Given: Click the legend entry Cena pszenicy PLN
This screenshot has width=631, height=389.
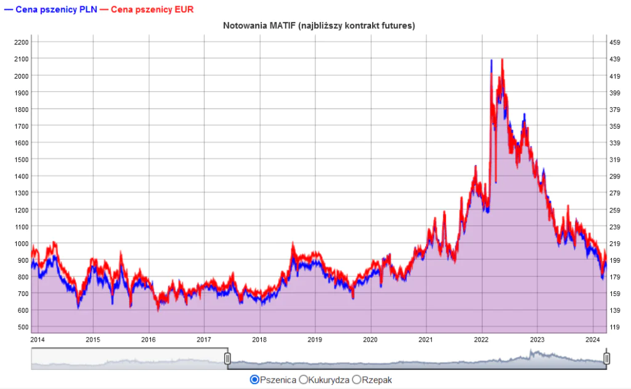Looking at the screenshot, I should [x=49, y=10].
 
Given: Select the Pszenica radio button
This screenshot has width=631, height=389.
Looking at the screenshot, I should [x=254, y=380].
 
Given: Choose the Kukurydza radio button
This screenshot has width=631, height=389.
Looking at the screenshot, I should [x=303, y=380].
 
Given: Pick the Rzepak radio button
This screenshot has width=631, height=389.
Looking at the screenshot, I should [x=356, y=380].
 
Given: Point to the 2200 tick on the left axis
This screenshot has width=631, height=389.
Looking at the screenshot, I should [x=22, y=42].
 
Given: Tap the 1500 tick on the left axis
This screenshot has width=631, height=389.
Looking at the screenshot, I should [x=22, y=159].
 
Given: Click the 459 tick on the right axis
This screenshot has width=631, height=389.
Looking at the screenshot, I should [x=614, y=42].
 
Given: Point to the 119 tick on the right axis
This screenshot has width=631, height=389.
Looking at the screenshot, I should [x=614, y=327].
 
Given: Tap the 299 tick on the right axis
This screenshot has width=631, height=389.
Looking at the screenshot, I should [x=614, y=176].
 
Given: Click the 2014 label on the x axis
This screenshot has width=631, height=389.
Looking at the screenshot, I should [x=38, y=339].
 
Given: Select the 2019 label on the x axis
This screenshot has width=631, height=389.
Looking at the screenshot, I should [x=315, y=339].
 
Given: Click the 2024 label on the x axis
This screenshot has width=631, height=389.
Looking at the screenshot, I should [x=593, y=339].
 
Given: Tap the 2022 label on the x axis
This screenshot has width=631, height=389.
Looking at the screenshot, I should [x=481, y=339].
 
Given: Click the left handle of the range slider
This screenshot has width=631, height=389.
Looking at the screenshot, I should [x=227, y=358].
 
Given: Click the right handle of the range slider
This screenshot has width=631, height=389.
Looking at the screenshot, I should [x=607, y=358].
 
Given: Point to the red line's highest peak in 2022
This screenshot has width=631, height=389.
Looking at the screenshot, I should [x=503, y=59].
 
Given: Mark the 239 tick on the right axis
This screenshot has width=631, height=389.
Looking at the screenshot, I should [x=614, y=227].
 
